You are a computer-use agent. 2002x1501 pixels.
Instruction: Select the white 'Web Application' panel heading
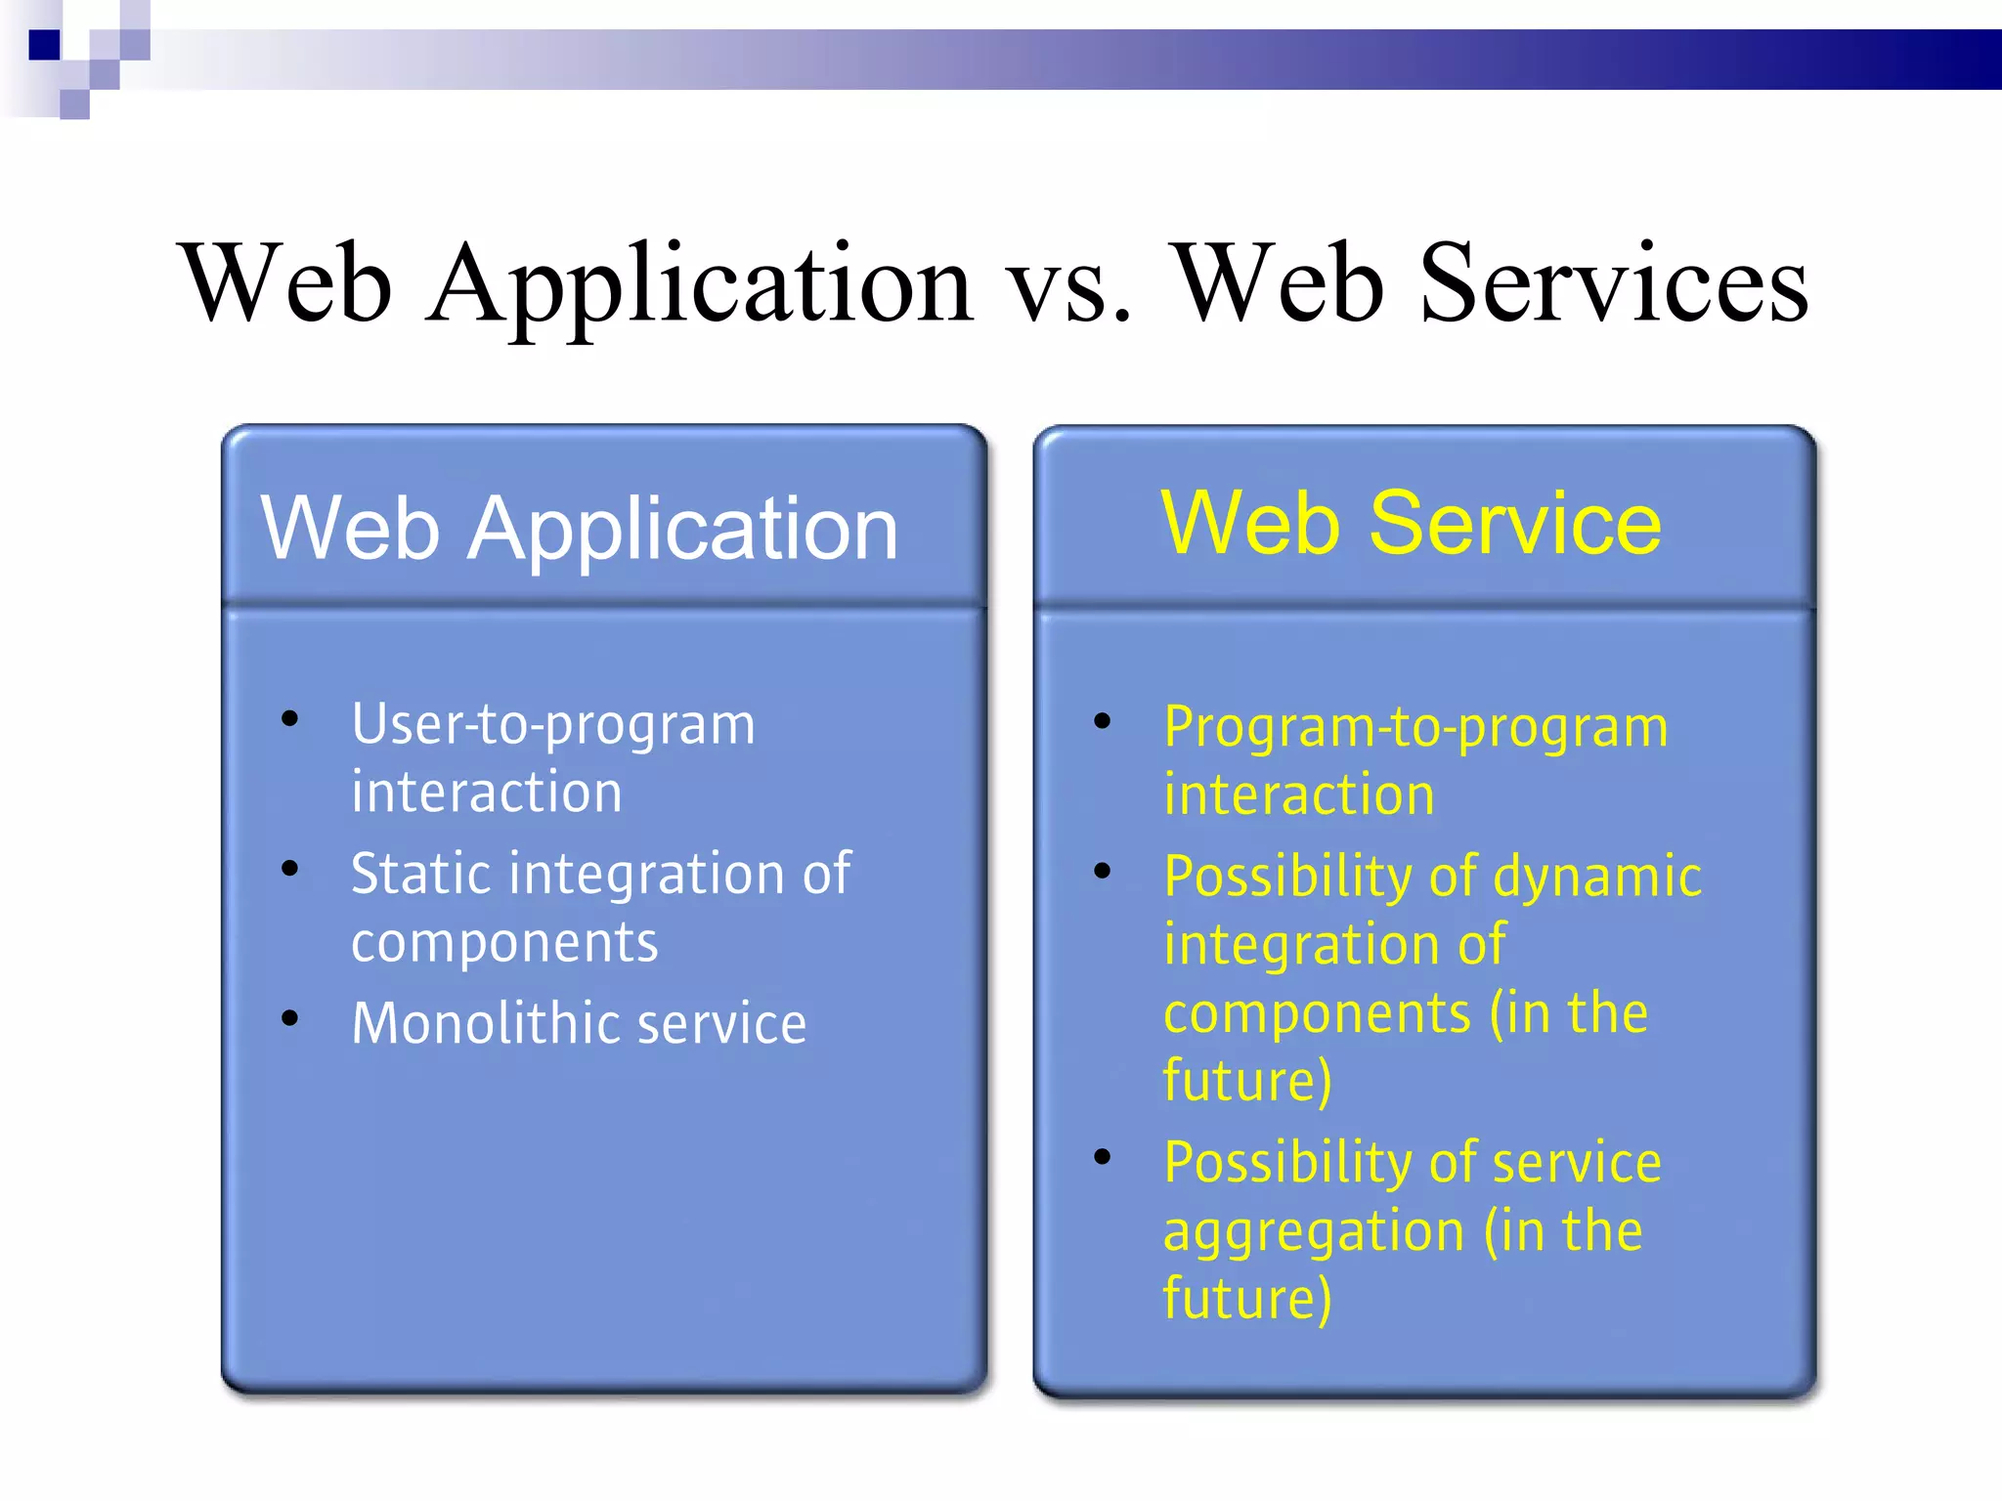pos(579,529)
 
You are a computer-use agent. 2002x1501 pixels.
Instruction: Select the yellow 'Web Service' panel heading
pos(1411,524)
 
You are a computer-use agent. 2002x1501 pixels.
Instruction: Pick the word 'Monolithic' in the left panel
pos(485,1024)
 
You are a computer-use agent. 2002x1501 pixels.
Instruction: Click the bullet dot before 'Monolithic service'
pos(289,1018)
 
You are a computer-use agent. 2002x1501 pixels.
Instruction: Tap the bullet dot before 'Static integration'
pos(289,868)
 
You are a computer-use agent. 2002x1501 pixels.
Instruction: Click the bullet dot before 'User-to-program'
pos(289,720)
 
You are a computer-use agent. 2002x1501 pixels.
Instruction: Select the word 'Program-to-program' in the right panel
pos(1415,729)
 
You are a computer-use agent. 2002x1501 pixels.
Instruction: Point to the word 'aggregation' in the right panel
pos(1313,1231)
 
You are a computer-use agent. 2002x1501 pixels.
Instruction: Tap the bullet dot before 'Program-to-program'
pos(1103,722)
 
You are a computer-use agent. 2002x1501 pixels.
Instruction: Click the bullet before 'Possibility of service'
pos(1103,1158)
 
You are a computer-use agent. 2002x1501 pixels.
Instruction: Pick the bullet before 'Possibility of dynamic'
pos(1103,871)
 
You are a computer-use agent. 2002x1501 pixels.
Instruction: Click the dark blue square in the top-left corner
pos(44,45)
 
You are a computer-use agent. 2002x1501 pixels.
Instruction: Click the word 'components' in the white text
pos(504,944)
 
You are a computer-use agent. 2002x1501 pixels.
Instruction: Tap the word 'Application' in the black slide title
pos(699,285)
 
